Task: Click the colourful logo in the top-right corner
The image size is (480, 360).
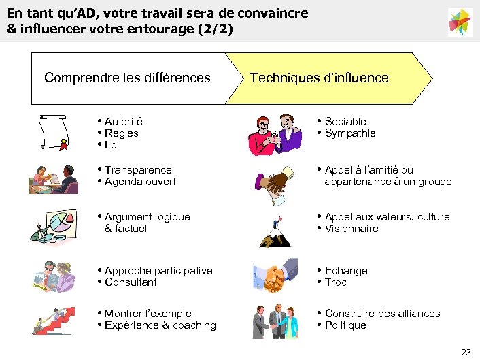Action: pyautogui.click(x=460, y=22)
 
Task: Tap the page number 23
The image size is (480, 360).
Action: pyautogui.click(x=466, y=352)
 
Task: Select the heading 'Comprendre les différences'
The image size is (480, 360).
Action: pyautogui.click(x=127, y=78)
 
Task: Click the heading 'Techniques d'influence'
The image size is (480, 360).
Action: pyautogui.click(x=319, y=78)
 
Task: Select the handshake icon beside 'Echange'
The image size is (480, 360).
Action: pyautogui.click(x=275, y=274)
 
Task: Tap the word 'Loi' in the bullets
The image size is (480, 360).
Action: pyautogui.click(x=112, y=145)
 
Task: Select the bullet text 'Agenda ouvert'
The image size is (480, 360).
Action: pyautogui.click(x=140, y=182)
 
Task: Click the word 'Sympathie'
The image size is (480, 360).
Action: pyautogui.click(x=350, y=133)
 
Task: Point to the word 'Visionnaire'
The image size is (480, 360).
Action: pyautogui.click(x=352, y=229)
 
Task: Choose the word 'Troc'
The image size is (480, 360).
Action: pyautogui.click(x=336, y=282)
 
